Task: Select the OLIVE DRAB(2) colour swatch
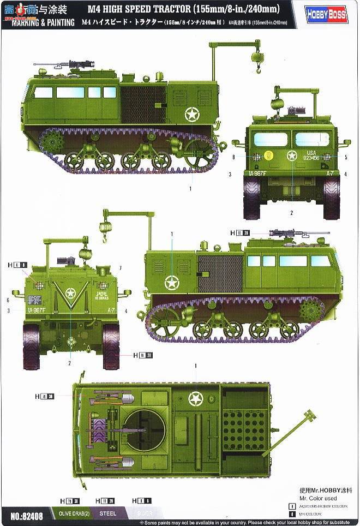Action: click(73, 513)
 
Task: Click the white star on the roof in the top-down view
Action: click(195, 398)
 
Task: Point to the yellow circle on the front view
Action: click(268, 155)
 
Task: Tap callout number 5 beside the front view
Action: click(346, 157)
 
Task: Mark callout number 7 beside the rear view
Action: click(120, 268)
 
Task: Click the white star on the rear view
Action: click(70, 293)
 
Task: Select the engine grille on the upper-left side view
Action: click(142, 104)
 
